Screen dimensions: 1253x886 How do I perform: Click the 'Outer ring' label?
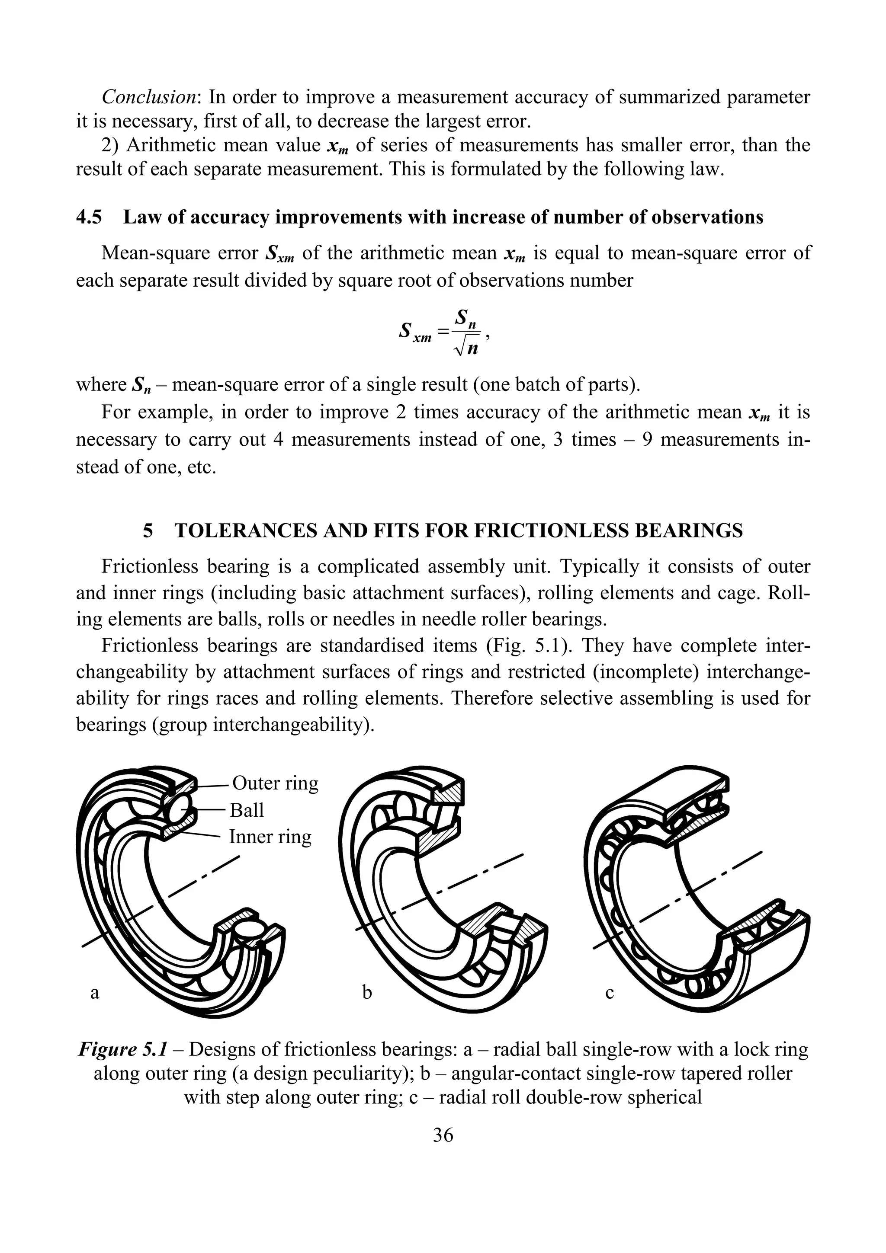(275, 783)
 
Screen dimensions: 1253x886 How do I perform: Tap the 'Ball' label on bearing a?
(247, 810)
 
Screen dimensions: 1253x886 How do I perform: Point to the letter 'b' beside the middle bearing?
(367, 992)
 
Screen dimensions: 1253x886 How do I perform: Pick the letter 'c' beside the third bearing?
(610, 993)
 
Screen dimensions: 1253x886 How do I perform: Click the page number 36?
(443, 1135)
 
